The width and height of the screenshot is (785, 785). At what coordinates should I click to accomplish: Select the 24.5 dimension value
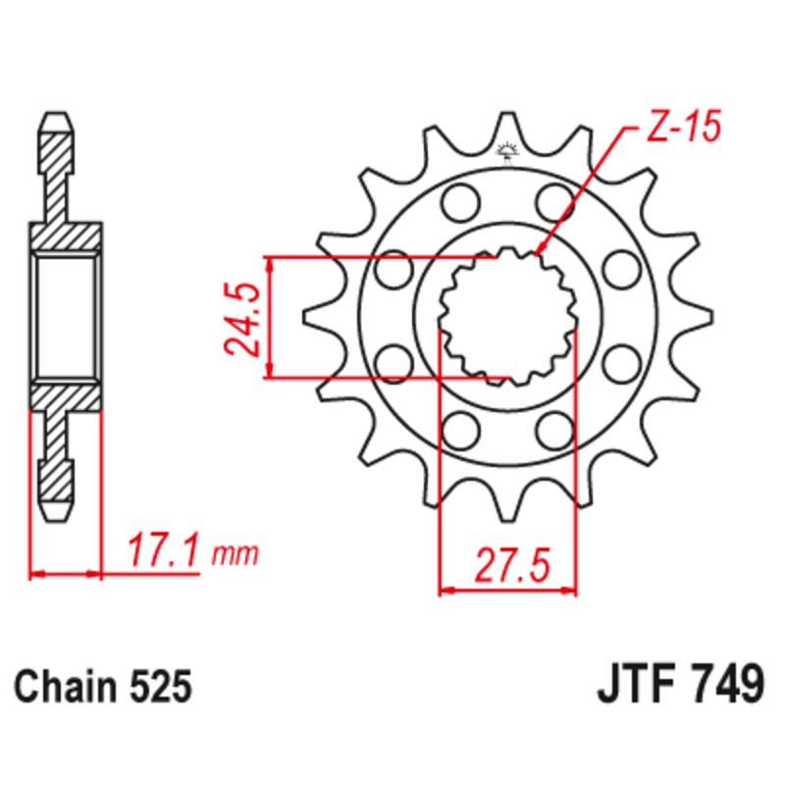pyautogui.click(x=242, y=318)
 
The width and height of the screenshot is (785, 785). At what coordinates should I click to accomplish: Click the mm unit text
pyautogui.click(x=235, y=555)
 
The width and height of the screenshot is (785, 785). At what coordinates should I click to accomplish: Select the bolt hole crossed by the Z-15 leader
pyautogui.click(x=554, y=204)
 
